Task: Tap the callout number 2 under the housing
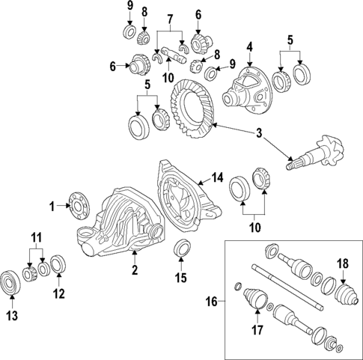coord(135,269)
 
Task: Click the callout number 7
coord(171,17)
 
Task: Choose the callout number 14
coord(218,177)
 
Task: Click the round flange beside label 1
coord(76,203)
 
